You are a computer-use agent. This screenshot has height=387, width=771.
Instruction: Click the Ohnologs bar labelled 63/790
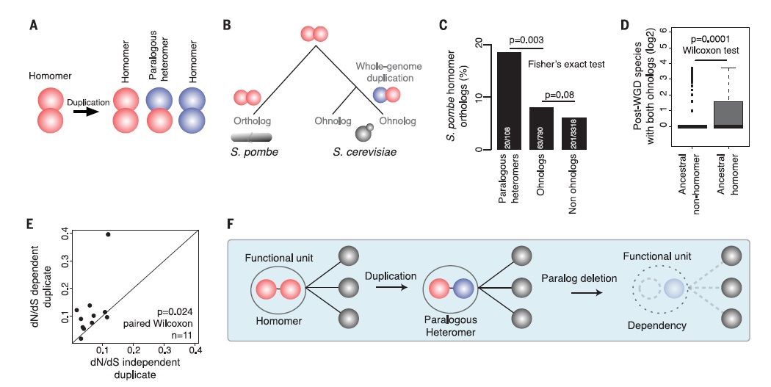click(x=540, y=129)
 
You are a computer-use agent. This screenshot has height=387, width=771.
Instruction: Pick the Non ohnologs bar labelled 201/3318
click(x=575, y=134)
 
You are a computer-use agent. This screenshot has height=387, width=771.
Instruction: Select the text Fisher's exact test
click(x=566, y=65)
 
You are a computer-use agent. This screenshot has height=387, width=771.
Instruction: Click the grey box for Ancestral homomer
click(x=728, y=114)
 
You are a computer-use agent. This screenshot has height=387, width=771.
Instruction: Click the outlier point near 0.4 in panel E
click(x=108, y=234)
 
